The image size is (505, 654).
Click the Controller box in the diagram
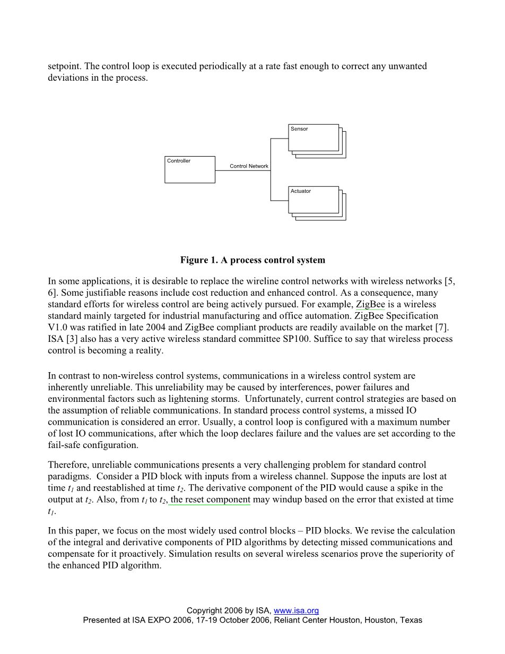(x=189, y=169)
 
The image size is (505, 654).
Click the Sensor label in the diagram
(x=299, y=129)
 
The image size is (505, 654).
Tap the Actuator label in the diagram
(x=301, y=191)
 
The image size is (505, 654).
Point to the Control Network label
(x=249, y=166)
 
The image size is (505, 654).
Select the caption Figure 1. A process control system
(x=252, y=260)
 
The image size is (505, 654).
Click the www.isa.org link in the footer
(x=296, y=611)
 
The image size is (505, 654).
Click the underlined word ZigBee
(x=370, y=304)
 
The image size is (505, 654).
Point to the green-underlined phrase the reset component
(x=210, y=500)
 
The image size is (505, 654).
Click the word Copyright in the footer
(x=206, y=611)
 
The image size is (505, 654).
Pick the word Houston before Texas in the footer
(x=381, y=620)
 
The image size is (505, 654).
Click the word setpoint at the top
(x=64, y=66)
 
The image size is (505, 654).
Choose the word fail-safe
(x=65, y=445)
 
